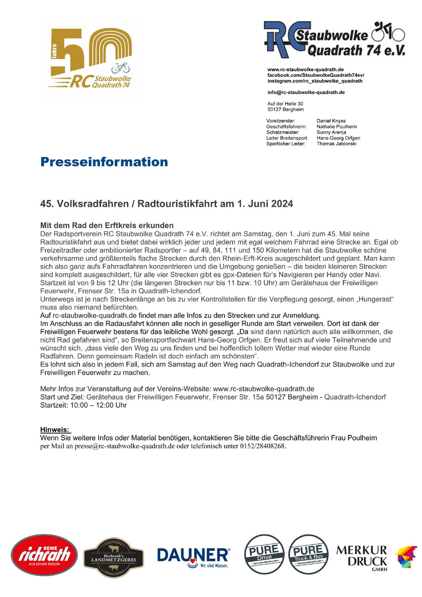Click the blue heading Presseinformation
[x=104, y=162]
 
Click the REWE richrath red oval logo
[x=44, y=555]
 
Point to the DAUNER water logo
[x=193, y=557]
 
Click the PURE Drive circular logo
[x=264, y=554]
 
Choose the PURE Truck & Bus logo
[x=308, y=554]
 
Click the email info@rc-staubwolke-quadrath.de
[x=306, y=92]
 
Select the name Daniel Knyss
[x=331, y=121]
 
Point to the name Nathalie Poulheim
[x=337, y=127]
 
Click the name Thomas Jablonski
[x=336, y=143]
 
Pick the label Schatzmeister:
[x=282, y=132]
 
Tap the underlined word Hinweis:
[x=55, y=430]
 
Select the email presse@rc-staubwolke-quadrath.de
[x=124, y=446]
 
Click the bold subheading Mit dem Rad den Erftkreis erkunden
[x=107, y=225]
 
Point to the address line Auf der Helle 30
[x=285, y=104]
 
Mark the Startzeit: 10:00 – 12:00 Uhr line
[x=84, y=405]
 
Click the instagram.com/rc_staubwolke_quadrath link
[x=315, y=81]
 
